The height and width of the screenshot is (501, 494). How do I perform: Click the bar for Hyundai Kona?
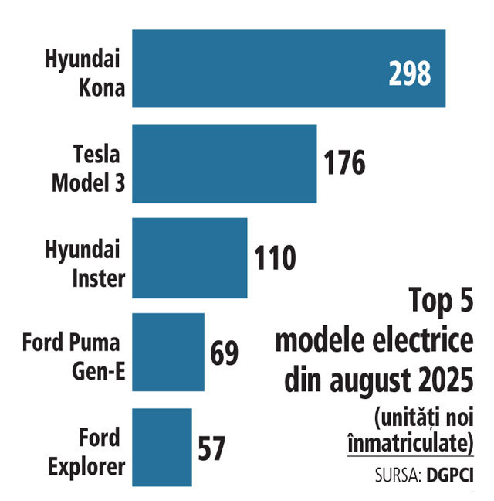(289, 69)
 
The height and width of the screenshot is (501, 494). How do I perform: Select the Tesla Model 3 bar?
(225, 164)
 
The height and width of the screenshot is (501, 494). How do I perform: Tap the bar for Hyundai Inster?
(190, 258)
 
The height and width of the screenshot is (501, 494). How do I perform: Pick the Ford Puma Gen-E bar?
(168, 352)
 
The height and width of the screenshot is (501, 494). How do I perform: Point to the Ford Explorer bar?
(162, 447)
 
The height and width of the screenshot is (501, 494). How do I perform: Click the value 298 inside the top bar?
(410, 73)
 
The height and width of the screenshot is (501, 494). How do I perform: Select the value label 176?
(344, 163)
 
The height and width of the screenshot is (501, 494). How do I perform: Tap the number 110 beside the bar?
(275, 258)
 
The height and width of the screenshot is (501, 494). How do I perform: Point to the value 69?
(224, 353)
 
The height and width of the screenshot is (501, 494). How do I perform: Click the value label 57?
(211, 448)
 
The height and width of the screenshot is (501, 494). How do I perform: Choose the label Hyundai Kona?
(85, 73)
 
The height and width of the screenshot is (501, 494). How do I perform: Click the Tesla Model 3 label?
(88, 169)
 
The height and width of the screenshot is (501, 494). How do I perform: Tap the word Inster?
(99, 278)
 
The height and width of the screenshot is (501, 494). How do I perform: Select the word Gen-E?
(99, 370)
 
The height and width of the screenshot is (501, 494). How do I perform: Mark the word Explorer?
(86, 467)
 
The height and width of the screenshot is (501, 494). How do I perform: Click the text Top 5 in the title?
(441, 300)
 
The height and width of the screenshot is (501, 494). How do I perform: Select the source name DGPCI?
(450, 475)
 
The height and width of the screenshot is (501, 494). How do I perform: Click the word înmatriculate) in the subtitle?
(411, 443)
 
